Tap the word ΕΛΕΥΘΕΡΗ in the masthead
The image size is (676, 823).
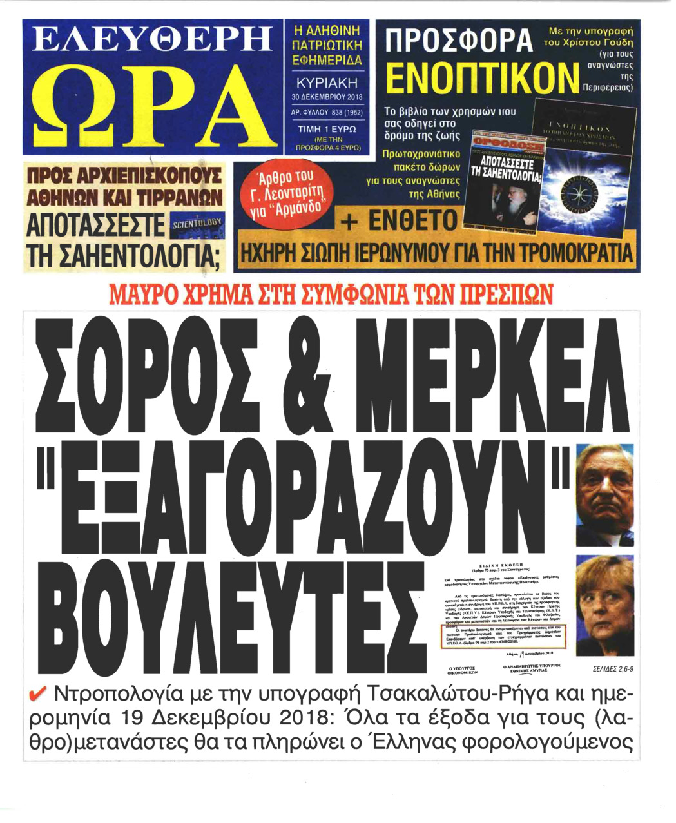pyautogui.click(x=151, y=41)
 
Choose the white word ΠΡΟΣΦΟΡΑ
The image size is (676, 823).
pyautogui.click(x=457, y=40)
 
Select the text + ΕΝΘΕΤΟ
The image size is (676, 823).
pyautogui.click(x=399, y=221)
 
